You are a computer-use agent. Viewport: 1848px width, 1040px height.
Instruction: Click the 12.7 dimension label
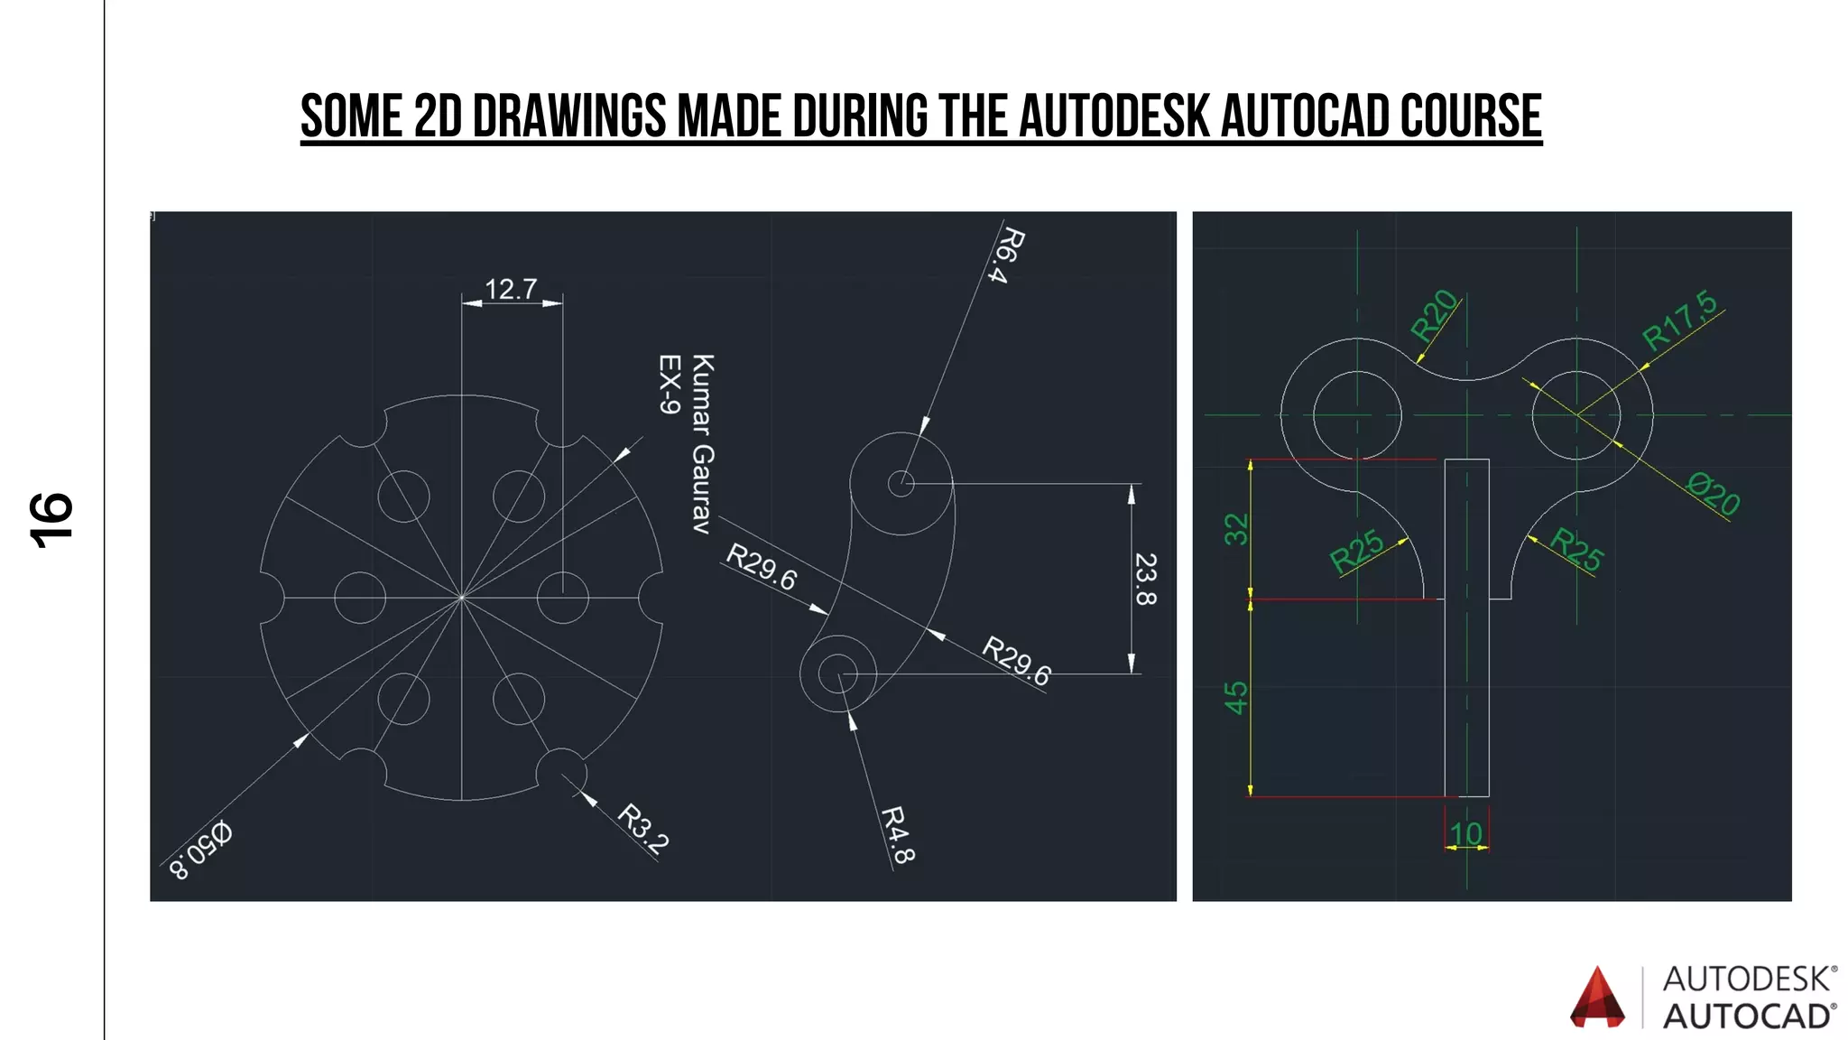point(511,289)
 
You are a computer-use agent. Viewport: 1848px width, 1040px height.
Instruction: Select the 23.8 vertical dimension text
point(1145,579)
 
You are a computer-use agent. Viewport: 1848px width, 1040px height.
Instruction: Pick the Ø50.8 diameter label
point(201,850)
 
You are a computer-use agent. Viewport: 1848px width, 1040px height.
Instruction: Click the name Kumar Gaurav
point(702,443)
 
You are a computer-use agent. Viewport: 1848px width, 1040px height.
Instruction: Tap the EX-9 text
point(669,385)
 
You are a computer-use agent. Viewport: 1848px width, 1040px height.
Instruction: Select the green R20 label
point(1434,315)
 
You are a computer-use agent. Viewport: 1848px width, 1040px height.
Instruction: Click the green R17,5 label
point(1680,320)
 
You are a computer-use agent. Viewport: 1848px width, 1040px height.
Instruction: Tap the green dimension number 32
point(1236,529)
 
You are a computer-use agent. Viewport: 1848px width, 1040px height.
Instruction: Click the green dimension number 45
point(1236,697)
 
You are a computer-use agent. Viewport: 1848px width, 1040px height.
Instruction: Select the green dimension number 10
point(1466,833)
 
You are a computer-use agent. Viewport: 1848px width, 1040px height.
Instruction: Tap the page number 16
point(51,520)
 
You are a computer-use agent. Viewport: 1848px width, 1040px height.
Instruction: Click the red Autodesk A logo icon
point(1597,998)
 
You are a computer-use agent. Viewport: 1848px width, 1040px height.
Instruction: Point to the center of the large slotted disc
point(462,597)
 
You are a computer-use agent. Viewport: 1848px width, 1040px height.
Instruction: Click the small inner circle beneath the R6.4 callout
point(901,484)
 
